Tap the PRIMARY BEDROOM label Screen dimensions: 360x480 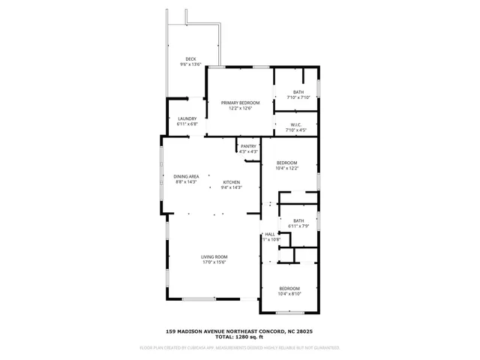(240, 103)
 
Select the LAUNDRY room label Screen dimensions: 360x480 (187, 118)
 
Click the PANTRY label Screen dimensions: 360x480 (249, 146)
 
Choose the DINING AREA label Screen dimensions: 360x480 (186, 176)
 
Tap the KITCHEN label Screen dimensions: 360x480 (230, 182)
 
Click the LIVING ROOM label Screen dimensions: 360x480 (214, 257)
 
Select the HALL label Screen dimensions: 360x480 (270, 234)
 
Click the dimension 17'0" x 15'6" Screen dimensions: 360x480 (214, 262)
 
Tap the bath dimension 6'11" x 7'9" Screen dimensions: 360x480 (298, 226)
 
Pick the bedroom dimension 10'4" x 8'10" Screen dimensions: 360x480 (289, 294)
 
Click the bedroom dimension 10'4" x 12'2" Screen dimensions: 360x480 (287, 168)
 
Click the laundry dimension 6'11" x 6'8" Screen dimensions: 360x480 (187, 124)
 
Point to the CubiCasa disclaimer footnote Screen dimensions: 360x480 (239, 348)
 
